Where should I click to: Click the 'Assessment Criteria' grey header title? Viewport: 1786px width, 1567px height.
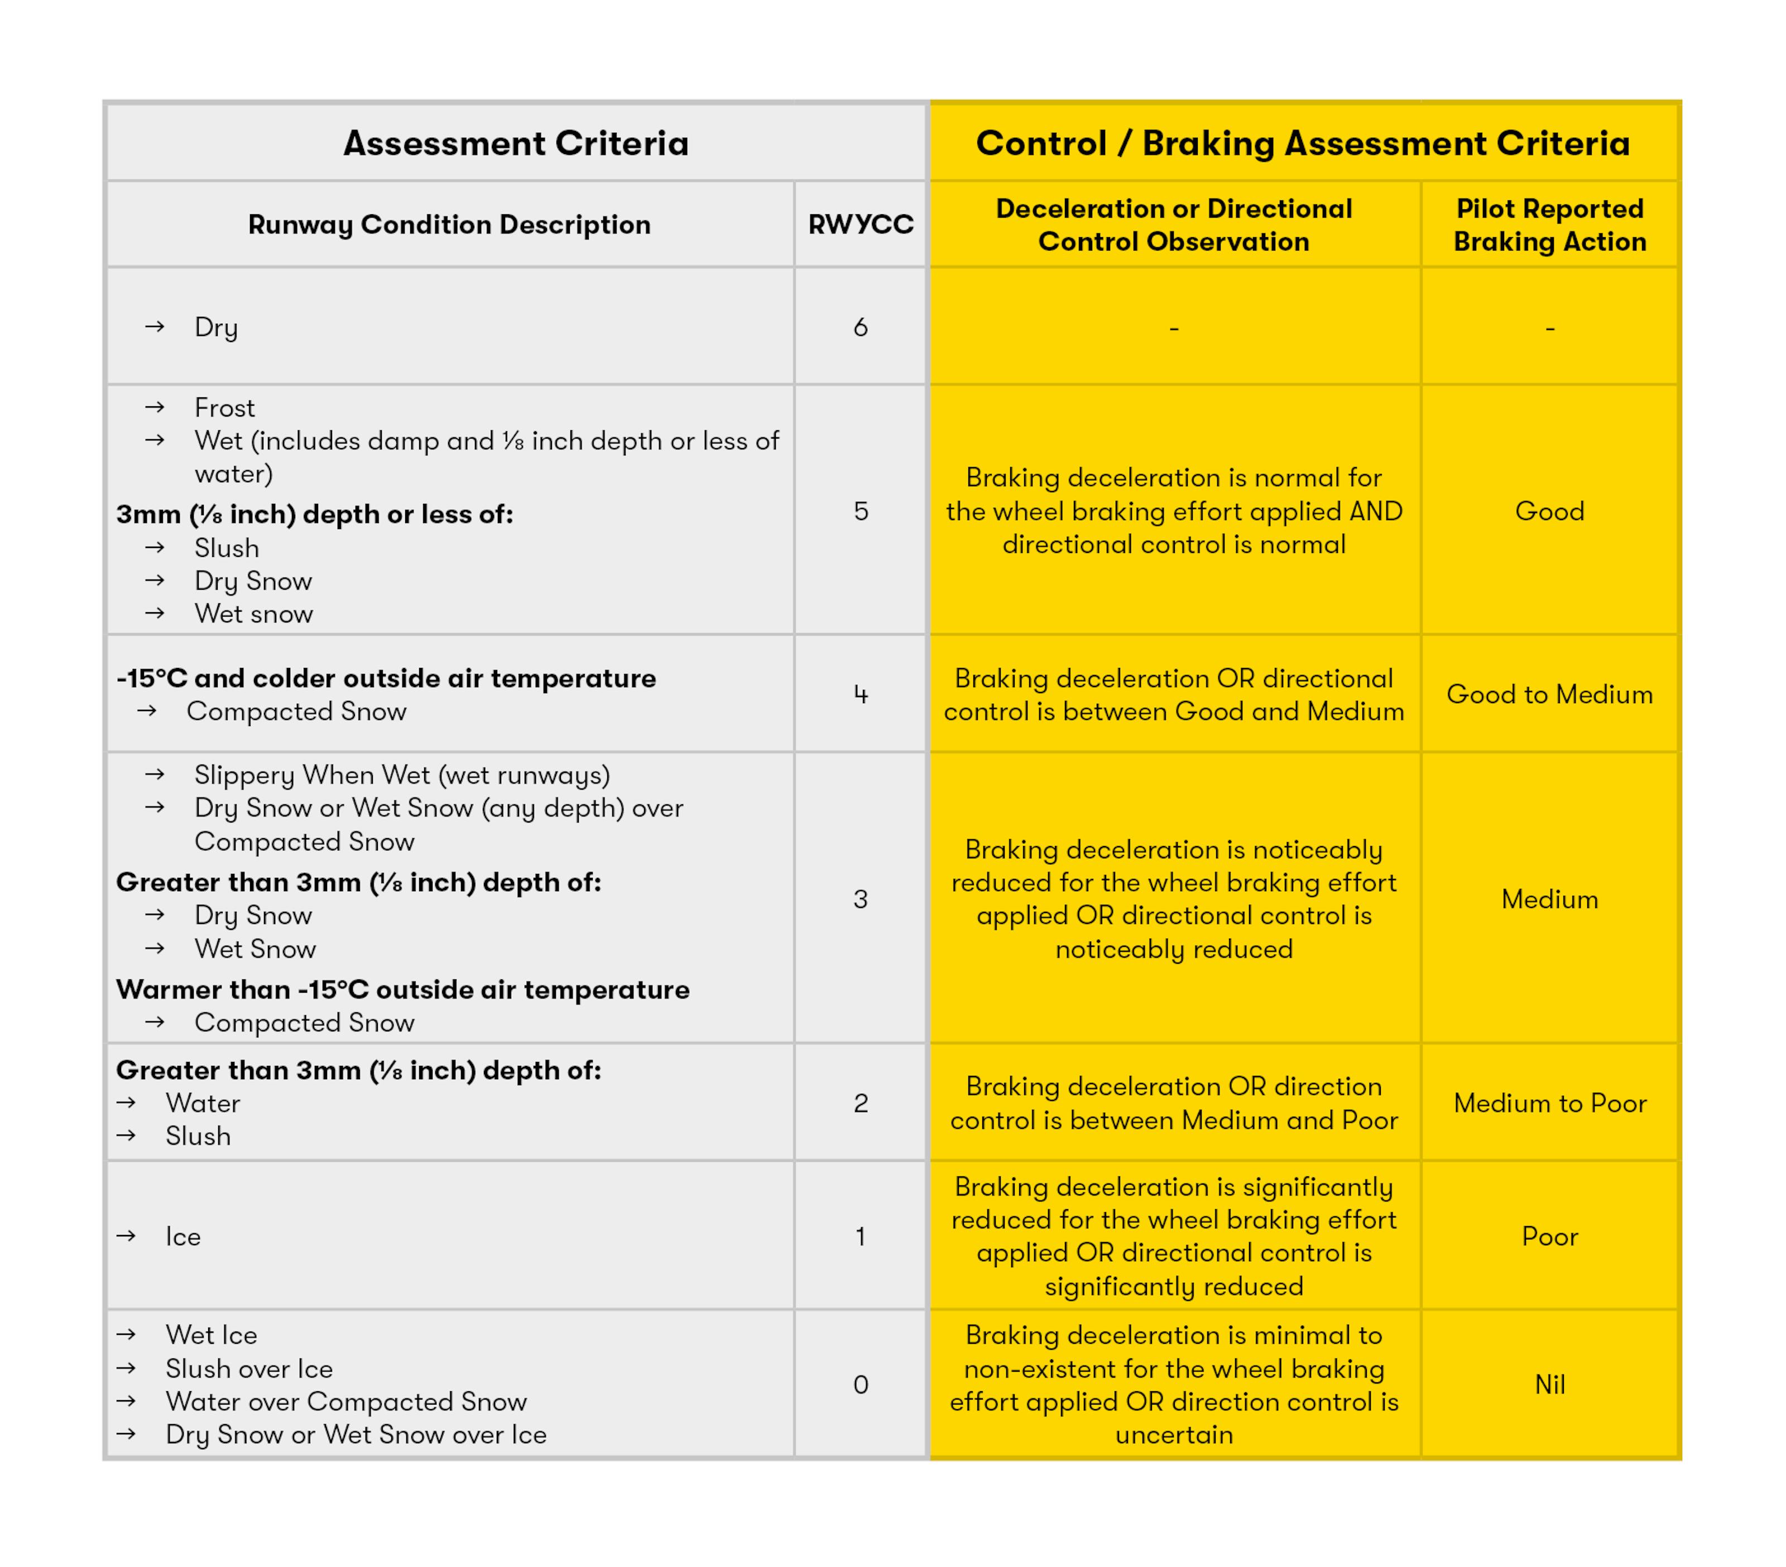click(516, 143)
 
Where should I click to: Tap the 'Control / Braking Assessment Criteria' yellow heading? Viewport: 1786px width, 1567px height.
click(1302, 143)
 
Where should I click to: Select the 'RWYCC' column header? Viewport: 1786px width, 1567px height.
click(860, 224)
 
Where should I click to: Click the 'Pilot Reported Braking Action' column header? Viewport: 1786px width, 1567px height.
click(1549, 224)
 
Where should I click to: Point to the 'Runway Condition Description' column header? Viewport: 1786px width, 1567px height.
click(449, 224)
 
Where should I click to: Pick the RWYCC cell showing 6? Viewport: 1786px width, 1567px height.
click(860, 326)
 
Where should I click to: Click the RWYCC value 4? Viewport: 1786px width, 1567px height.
click(860, 694)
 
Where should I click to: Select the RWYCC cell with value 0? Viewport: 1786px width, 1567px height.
click(860, 1385)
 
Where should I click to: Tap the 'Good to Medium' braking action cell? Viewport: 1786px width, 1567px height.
click(1549, 694)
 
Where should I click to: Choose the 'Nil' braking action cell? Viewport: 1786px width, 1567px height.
click(1549, 1385)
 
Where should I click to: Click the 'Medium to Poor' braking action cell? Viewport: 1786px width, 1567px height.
click(1549, 1103)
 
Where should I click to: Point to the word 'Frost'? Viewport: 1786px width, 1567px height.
click(224, 408)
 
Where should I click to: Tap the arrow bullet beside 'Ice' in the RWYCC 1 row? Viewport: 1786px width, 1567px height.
click(127, 1236)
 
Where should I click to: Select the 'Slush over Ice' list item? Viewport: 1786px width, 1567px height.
click(249, 1369)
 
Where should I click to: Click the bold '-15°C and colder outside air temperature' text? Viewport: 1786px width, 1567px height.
click(385, 679)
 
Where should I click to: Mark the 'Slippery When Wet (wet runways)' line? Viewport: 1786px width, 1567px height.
click(402, 775)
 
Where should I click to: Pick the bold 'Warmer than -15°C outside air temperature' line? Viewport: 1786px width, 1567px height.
click(403, 989)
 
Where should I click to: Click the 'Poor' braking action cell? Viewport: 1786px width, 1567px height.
click(1549, 1236)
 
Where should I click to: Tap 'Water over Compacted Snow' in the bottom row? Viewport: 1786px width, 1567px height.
click(346, 1402)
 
